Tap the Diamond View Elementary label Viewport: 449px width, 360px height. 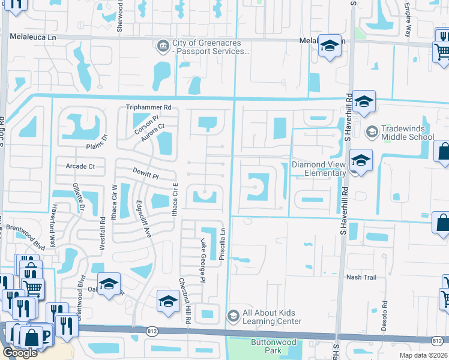coord(319,169)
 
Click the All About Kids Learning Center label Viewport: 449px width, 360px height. coord(271,317)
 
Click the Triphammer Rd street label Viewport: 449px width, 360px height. coord(149,107)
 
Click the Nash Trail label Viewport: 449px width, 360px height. coord(361,277)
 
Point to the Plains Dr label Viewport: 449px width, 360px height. coord(96,141)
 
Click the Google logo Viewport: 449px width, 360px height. coord(20,352)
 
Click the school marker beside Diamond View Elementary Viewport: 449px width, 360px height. coord(361,161)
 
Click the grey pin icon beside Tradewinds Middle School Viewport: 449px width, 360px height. coord(372,131)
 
